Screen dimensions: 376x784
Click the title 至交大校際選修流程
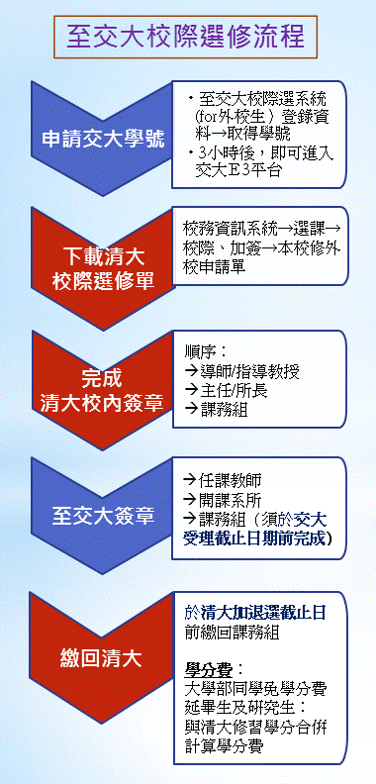click(185, 37)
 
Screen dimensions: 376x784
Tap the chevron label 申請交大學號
click(103, 140)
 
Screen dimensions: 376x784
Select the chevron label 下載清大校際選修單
click(103, 269)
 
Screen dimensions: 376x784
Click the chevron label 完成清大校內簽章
click(102, 391)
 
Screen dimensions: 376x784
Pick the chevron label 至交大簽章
click(103, 517)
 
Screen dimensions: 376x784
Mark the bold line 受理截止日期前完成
click(258, 539)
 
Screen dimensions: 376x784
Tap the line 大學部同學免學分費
click(255, 690)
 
